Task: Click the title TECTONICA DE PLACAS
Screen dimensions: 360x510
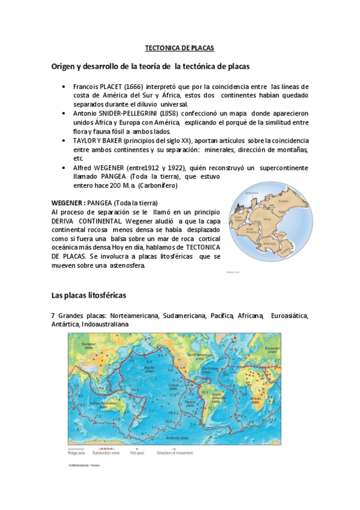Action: point(180,47)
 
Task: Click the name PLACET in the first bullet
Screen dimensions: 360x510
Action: point(111,87)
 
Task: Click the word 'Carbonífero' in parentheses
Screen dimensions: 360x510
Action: point(160,186)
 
